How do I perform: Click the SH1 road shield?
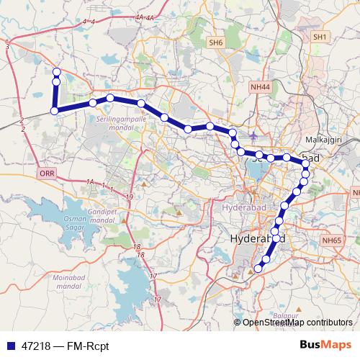click(x=320, y=37)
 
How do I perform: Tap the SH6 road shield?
click(x=216, y=43)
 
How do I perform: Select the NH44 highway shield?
click(x=259, y=86)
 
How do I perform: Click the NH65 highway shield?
click(x=333, y=240)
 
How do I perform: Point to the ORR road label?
click(x=48, y=174)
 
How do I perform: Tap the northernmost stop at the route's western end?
click(x=56, y=71)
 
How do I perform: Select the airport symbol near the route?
click(x=253, y=135)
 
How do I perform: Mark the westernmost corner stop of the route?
click(x=54, y=110)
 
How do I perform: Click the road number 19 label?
click(x=129, y=197)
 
